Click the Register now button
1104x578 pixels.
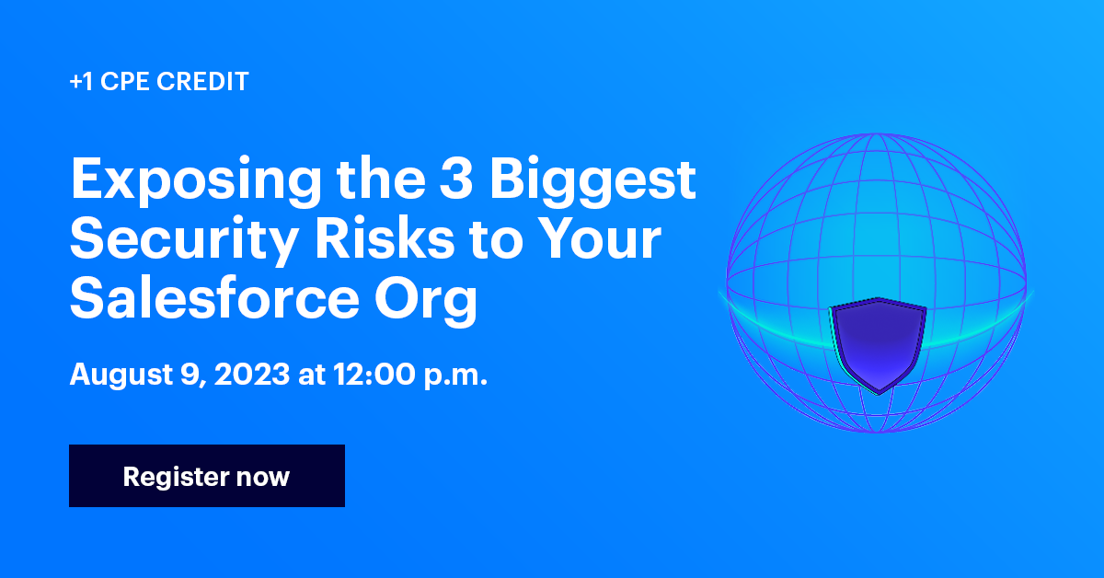click(207, 476)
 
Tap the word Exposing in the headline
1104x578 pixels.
click(196, 181)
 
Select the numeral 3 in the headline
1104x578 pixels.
click(456, 178)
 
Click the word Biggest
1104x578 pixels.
click(592, 181)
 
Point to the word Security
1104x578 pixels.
click(184, 240)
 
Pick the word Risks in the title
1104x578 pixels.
click(385, 238)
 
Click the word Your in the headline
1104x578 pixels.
click(599, 238)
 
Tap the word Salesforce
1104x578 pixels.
click(214, 297)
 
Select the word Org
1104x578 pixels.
click(426, 301)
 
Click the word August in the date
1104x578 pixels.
click(121, 376)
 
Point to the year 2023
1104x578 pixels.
click(252, 374)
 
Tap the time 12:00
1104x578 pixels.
click(374, 374)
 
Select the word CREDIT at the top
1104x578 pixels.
click(202, 81)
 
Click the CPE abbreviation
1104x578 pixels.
click(125, 81)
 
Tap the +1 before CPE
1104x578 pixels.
click(81, 82)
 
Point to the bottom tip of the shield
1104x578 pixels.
click(879, 394)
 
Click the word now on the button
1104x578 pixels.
click(263, 478)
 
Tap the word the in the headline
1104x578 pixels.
click(381, 178)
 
